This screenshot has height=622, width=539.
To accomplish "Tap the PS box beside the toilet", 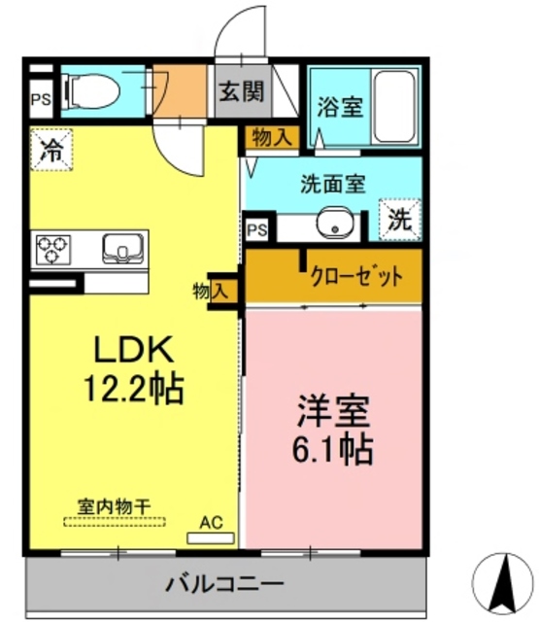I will (41, 99).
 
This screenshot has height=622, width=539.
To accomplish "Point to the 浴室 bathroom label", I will (339, 106).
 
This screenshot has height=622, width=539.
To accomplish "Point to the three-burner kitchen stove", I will (51, 251).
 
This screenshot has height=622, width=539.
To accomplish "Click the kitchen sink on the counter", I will (122, 250).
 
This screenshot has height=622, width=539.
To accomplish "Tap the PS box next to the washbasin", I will (257, 230).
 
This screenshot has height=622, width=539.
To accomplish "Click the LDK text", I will (132, 350).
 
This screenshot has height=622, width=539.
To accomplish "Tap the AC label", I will (211, 522).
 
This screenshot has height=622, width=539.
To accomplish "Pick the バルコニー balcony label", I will (224, 585).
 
